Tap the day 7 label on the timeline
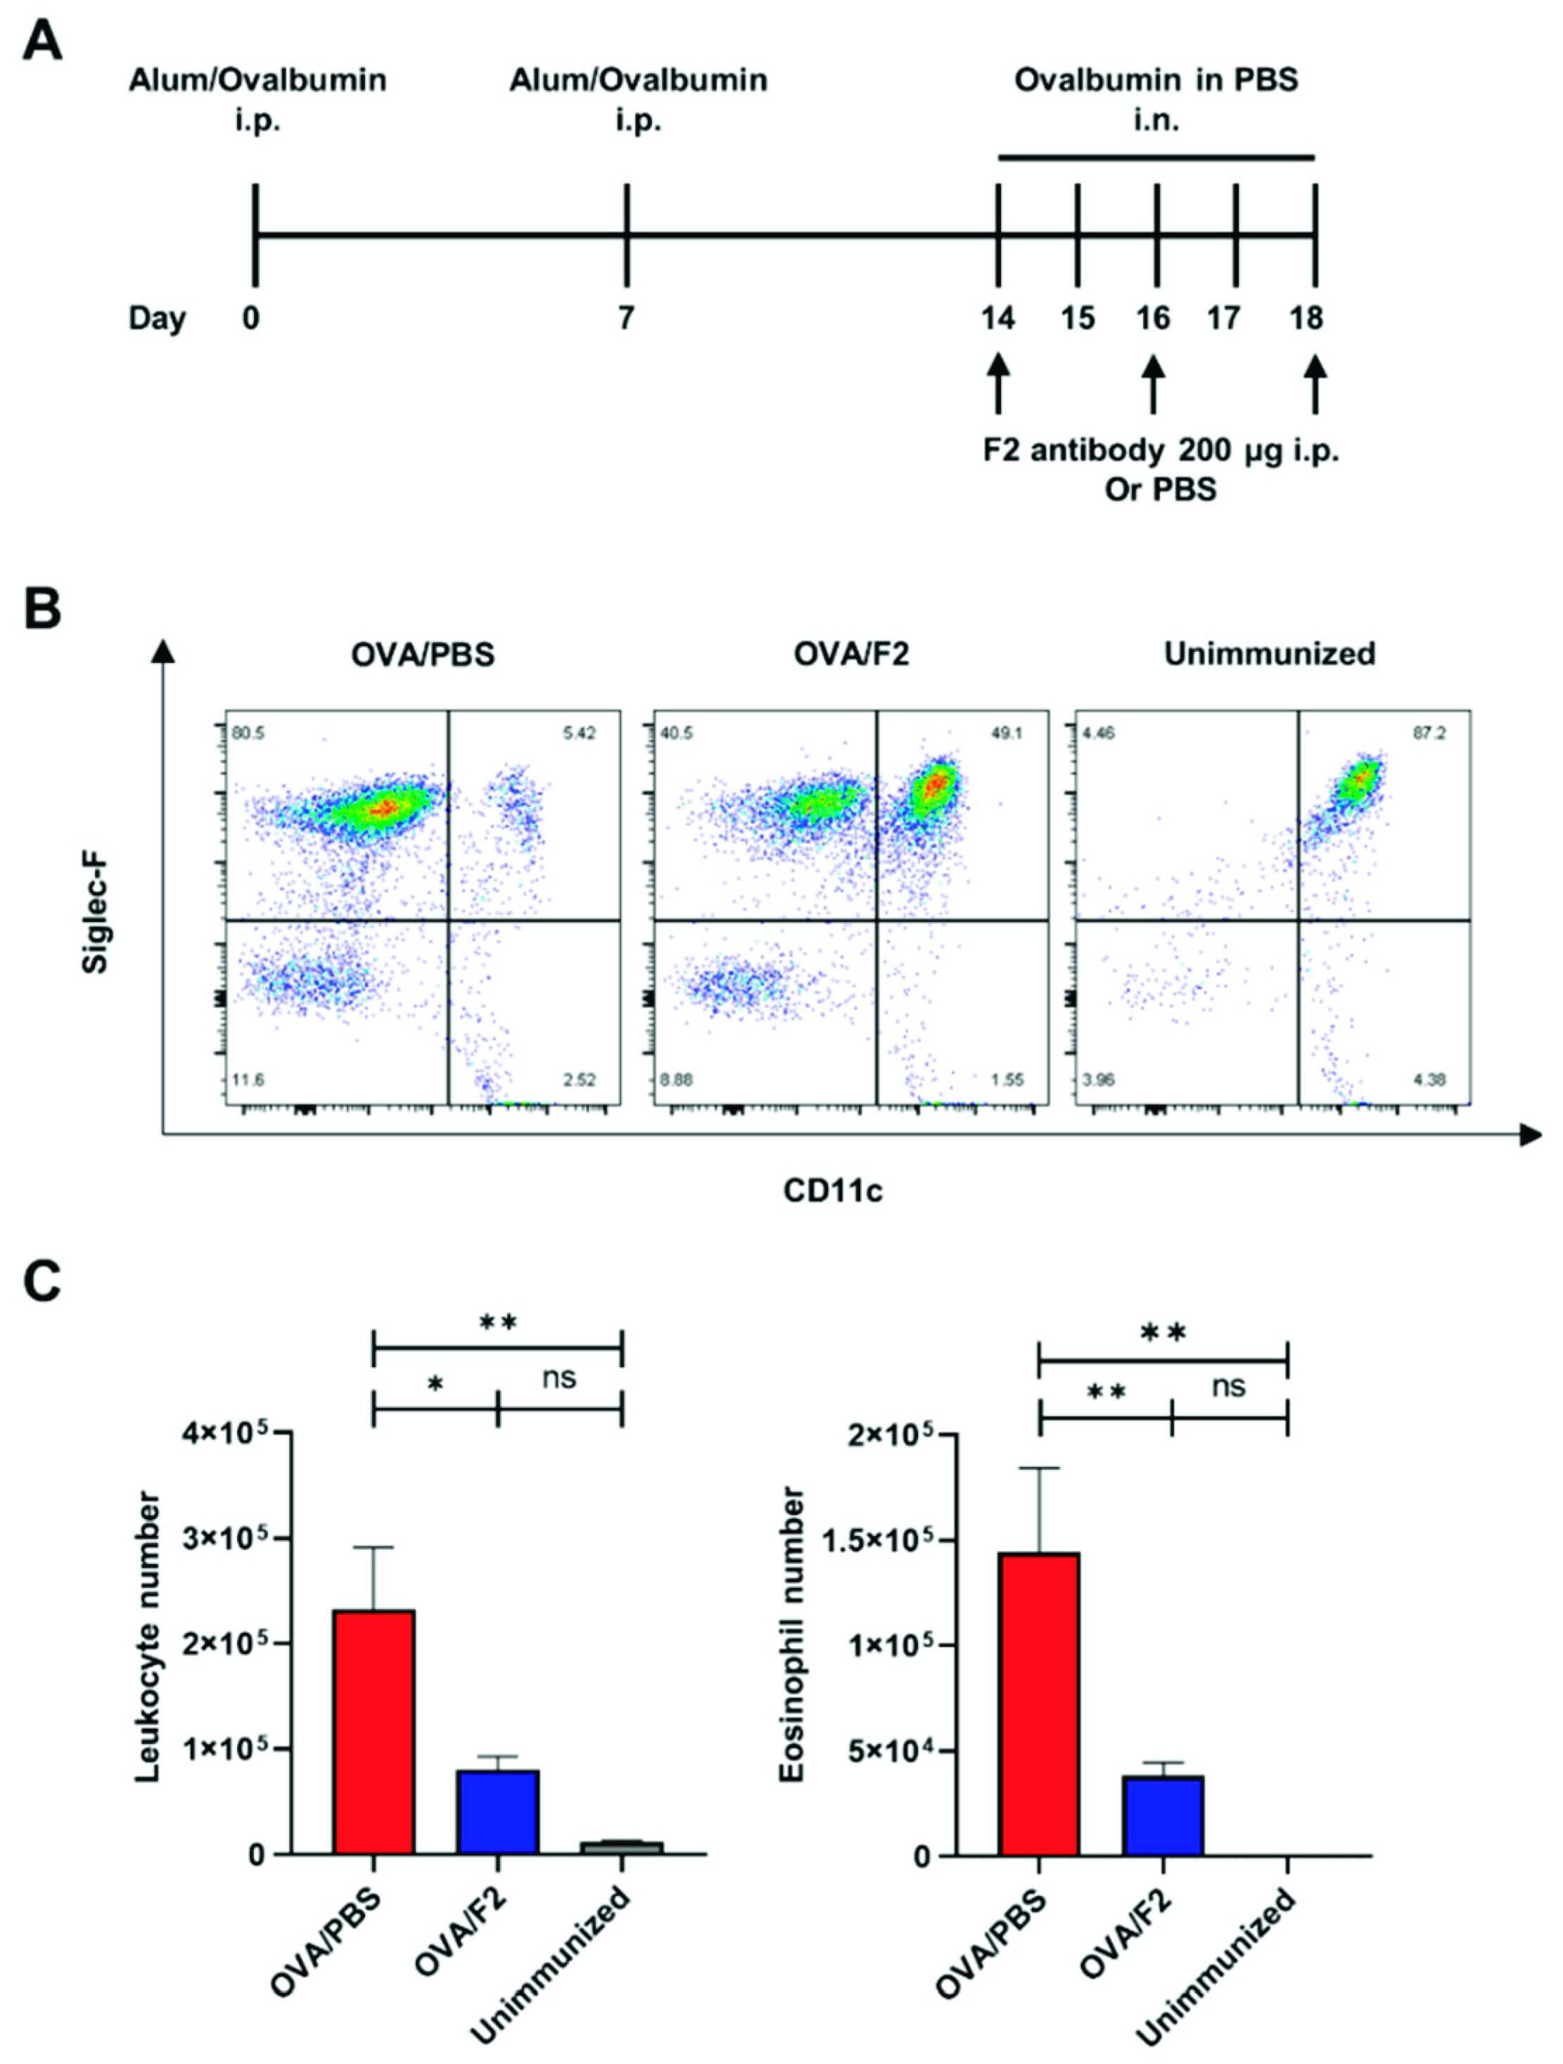626,318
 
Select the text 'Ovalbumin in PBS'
1156,80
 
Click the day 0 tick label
250,318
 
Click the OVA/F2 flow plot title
851,654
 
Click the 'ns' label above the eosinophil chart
1229,1387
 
